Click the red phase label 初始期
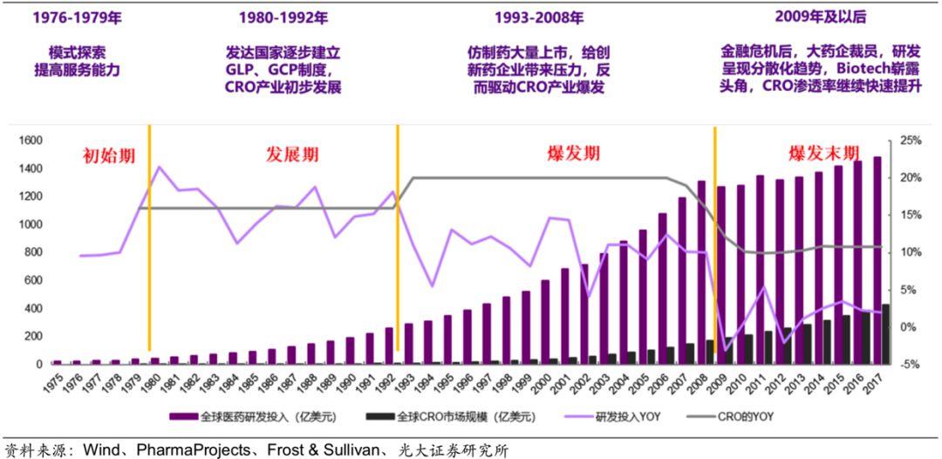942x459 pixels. coord(109,156)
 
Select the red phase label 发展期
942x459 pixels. coord(292,155)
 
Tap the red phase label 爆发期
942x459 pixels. coord(573,154)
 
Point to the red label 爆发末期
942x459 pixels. coord(823,154)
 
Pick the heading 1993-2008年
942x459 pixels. coord(538,18)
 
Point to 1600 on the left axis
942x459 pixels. coord(30,140)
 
